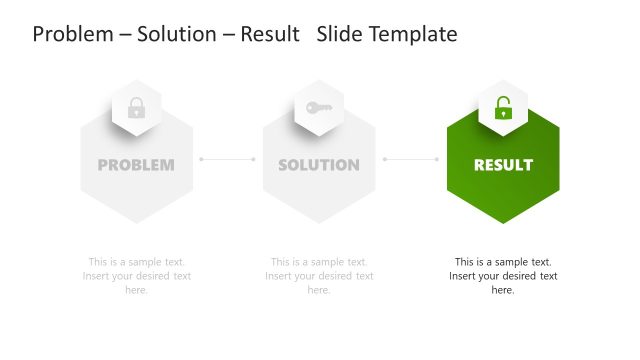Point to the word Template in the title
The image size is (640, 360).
(412, 34)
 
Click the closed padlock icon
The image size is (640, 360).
(137, 108)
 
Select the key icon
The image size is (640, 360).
(319, 107)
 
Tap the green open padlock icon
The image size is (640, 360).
(503, 108)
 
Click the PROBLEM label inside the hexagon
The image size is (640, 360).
(136, 165)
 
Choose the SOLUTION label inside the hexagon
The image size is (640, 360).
(319, 165)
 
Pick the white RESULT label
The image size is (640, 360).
(503, 165)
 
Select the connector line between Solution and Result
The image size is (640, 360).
(411, 158)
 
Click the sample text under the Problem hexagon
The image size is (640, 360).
(137, 276)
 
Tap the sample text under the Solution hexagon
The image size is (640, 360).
(319, 276)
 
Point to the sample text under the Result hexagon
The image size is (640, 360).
(503, 276)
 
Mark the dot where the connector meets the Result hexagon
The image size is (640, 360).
(437, 158)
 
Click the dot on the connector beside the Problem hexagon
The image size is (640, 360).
(201, 158)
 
